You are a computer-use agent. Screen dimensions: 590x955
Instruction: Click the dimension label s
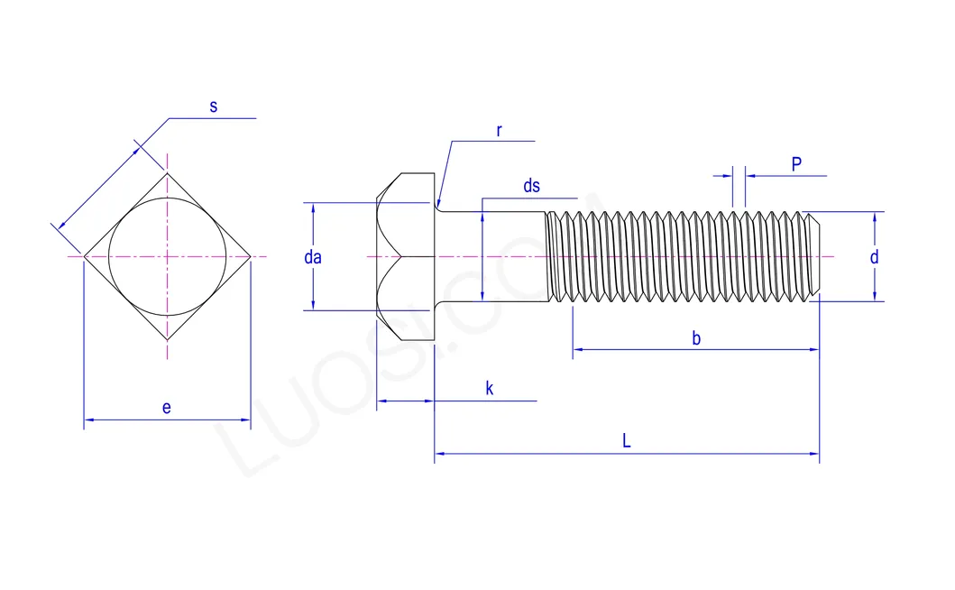[214, 106]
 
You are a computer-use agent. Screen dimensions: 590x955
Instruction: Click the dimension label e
[167, 408]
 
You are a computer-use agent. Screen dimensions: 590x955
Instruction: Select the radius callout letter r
[499, 131]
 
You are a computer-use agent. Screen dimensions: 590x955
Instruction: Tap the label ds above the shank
[532, 186]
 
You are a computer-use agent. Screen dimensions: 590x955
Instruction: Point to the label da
[313, 257]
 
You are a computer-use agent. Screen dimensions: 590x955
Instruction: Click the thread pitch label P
[796, 164]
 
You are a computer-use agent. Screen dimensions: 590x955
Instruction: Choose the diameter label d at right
[874, 257]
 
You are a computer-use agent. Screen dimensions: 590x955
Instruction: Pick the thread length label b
[696, 338]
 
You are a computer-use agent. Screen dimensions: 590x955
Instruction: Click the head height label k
[490, 389]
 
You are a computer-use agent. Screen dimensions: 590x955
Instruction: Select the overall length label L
[626, 441]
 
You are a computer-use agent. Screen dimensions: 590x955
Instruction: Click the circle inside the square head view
[167, 257]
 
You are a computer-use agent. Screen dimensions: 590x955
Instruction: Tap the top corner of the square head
[167, 173]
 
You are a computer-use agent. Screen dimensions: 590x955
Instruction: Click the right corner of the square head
[250, 257]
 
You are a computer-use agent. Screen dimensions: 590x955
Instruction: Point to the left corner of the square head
[85, 257]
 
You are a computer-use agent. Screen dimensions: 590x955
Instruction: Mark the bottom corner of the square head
[167, 340]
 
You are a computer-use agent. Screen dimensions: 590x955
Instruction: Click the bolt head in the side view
[407, 257]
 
